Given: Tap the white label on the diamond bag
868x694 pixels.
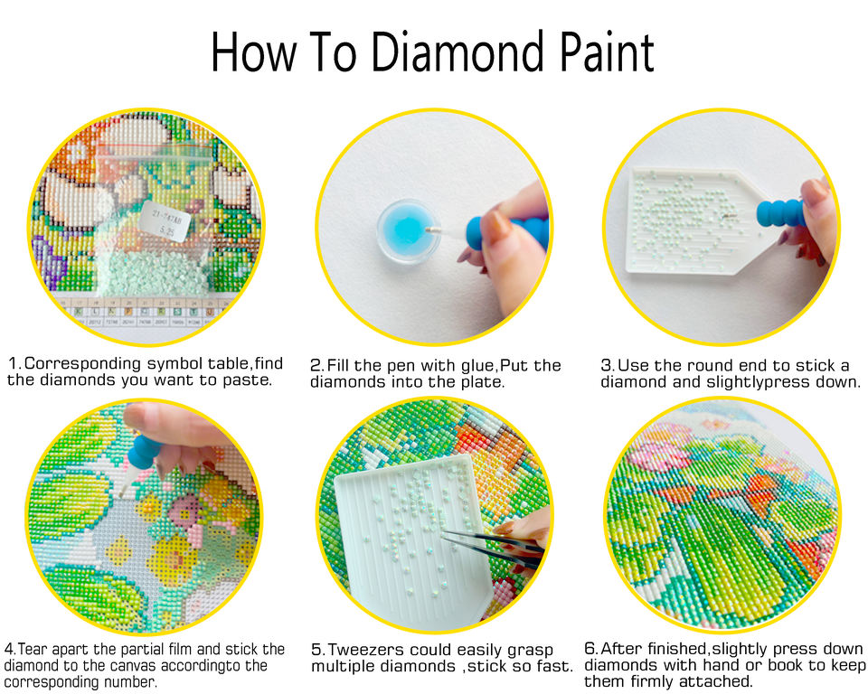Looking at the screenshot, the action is click(x=165, y=220).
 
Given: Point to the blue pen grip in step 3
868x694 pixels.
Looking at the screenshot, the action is click(x=780, y=214).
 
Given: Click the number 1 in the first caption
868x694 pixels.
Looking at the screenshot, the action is click(x=14, y=363).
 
